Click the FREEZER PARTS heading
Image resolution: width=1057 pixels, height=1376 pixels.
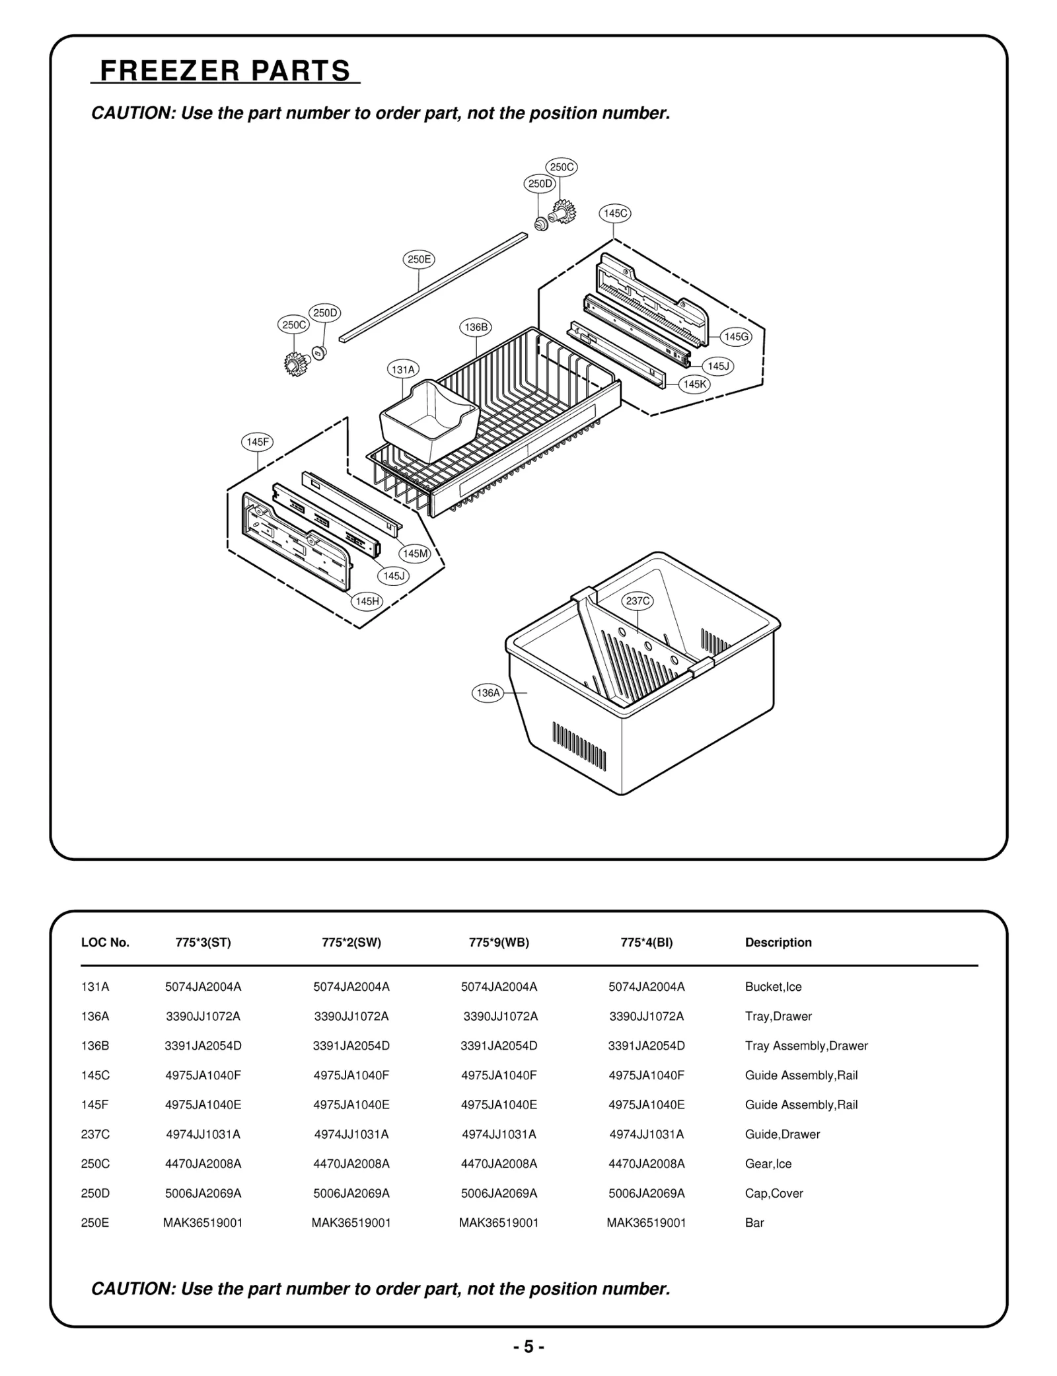tap(225, 71)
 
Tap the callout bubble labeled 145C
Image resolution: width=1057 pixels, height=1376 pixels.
tap(614, 213)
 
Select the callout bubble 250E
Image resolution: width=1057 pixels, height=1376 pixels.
tap(419, 260)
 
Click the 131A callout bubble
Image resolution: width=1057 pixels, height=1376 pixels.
tap(403, 370)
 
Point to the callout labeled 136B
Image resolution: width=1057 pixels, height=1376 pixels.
tap(476, 327)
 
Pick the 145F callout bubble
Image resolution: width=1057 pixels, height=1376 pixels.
tap(257, 443)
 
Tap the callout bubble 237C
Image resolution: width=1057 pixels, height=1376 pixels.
tap(638, 601)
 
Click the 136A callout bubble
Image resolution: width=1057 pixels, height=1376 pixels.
tap(488, 693)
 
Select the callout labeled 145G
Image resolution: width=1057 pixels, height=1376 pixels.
tap(736, 337)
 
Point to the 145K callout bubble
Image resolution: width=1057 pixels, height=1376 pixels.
tap(695, 384)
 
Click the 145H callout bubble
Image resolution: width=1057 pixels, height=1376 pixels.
tap(367, 601)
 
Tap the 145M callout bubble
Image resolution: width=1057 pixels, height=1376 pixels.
tap(415, 554)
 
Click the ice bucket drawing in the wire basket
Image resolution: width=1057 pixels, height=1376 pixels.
tap(429, 419)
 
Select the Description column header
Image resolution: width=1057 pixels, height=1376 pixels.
tap(778, 943)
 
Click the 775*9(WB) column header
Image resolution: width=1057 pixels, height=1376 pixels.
tap(499, 943)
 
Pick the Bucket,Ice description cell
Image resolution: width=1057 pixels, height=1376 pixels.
tap(773, 987)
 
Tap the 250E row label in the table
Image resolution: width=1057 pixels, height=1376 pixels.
tap(95, 1223)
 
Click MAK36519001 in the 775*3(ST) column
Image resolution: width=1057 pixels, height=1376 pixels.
tap(203, 1223)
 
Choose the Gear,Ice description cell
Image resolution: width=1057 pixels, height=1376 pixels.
tap(768, 1164)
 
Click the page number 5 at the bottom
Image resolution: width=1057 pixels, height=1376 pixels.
tap(528, 1346)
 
